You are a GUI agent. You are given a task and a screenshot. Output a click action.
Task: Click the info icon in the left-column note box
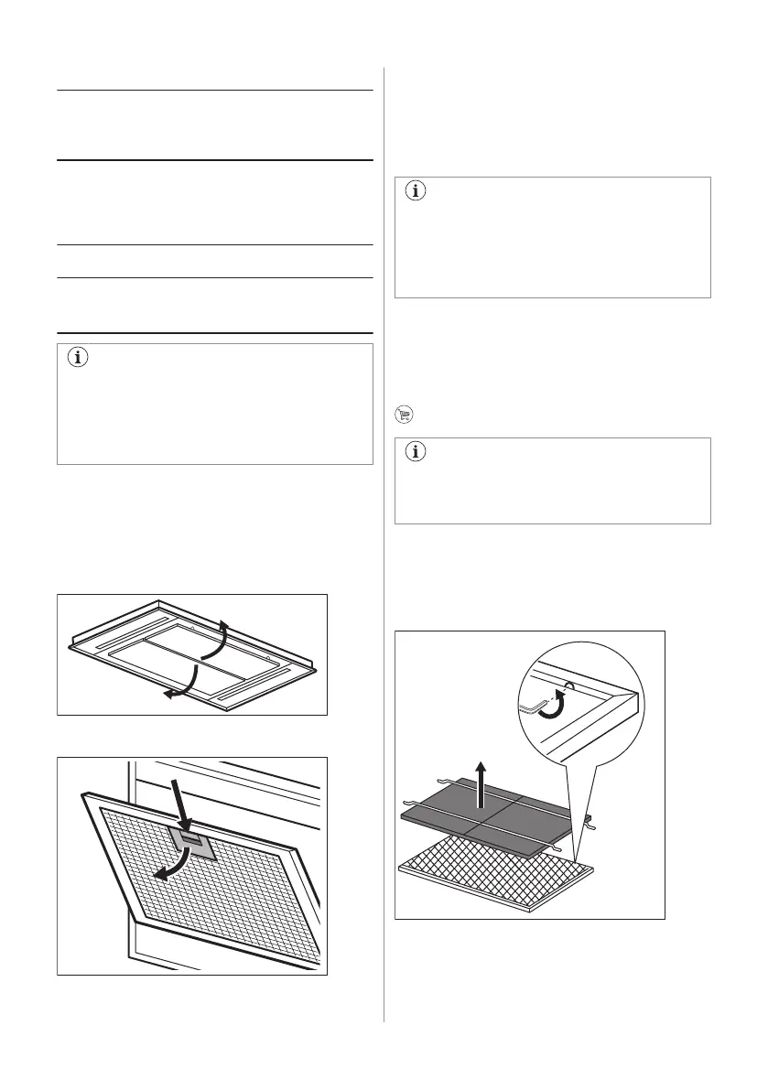click(76, 359)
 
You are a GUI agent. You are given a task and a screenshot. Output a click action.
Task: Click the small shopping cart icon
click(402, 414)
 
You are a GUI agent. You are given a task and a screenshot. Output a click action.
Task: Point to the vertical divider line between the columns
click(384, 549)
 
